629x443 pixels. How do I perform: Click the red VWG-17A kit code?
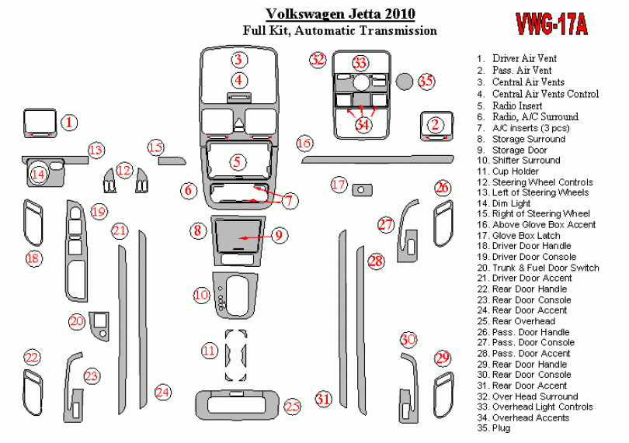pyautogui.click(x=551, y=25)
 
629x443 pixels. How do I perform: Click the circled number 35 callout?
pyautogui.click(x=426, y=81)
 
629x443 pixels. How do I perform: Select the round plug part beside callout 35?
pyautogui.click(x=405, y=81)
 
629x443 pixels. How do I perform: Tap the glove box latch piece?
pyautogui.click(x=362, y=189)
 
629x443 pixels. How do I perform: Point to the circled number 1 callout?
pyautogui.click(x=69, y=123)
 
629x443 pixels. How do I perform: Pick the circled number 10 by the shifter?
pyautogui.click(x=201, y=296)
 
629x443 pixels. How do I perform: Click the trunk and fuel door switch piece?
pyautogui.click(x=99, y=326)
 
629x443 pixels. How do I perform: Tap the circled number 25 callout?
pyautogui.click(x=293, y=407)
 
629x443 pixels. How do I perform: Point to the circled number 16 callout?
pyautogui.click(x=304, y=143)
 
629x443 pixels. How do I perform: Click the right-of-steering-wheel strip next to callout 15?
pyautogui.click(x=172, y=161)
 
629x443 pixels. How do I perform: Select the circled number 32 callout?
pyautogui.click(x=318, y=60)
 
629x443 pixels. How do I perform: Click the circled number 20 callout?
pyautogui.click(x=77, y=321)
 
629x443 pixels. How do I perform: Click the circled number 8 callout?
pyautogui.click(x=198, y=230)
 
